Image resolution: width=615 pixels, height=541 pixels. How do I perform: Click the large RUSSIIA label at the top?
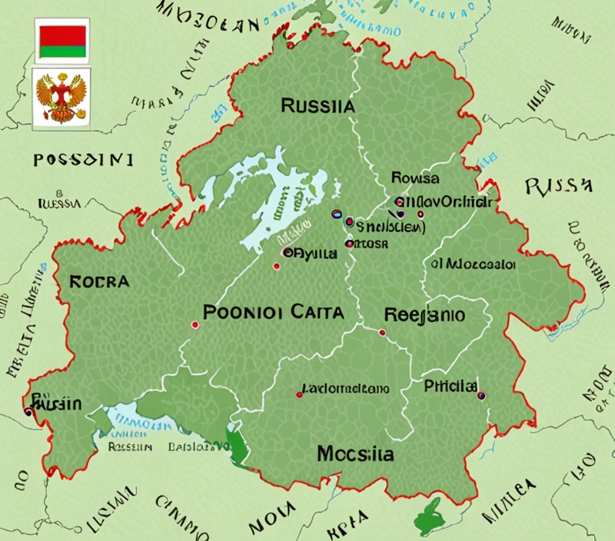[x=318, y=106]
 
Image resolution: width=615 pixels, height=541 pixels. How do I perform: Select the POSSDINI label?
[x=83, y=160]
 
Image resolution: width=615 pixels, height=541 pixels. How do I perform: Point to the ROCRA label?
[x=99, y=281]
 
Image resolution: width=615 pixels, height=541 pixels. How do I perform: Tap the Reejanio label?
[x=424, y=315]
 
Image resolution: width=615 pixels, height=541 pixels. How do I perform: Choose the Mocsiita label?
[x=355, y=454]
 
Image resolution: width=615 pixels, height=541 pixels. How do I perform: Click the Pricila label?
[x=450, y=386]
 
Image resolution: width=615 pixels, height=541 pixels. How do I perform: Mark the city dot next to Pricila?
[x=482, y=396]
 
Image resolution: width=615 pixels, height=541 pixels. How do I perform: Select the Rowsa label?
[x=415, y=178]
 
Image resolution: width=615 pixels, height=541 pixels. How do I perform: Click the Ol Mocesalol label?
[x=473, y=264]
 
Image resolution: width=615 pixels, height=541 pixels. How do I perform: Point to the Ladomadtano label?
[x=346, y=389]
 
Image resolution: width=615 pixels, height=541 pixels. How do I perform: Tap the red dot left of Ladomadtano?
[x=299, y=395]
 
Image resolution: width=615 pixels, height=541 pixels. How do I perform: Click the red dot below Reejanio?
[x=382, y=333]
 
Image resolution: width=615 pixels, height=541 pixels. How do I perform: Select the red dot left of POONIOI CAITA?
[x=194, y=324]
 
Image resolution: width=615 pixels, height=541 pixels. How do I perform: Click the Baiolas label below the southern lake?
[x=188, y=446]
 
